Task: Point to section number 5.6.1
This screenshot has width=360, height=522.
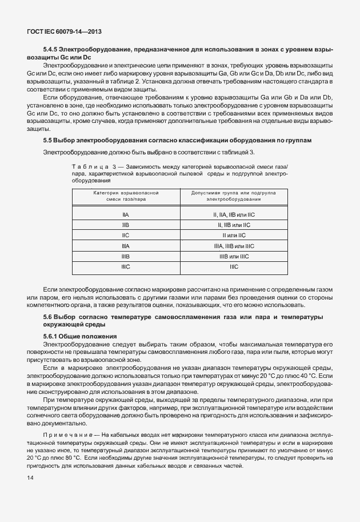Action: (51, 336)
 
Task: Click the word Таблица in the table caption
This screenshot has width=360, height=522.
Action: (86, 166)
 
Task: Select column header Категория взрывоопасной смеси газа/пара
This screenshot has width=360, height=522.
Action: (126, 197)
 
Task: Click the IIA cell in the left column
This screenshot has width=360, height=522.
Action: (126, 215)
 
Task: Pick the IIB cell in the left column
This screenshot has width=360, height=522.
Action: (126, 225)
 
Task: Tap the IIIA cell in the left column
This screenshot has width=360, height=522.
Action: (126, 246)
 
